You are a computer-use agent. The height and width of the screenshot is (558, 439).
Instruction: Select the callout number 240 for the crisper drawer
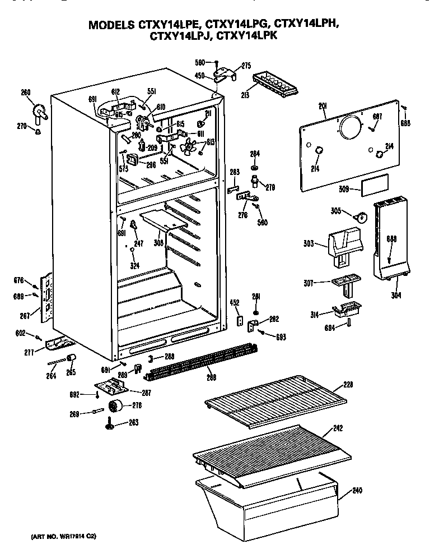[x=357, y=491]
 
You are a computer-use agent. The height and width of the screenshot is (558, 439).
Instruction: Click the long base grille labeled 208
[x=201, y=362]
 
